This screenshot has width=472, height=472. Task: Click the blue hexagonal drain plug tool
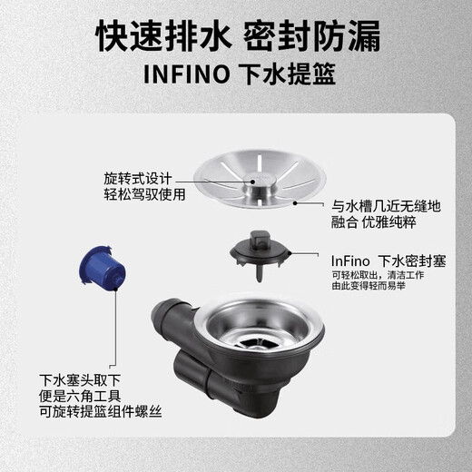102,269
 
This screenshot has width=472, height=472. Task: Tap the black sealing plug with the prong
260,255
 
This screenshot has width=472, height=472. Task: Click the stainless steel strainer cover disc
260,179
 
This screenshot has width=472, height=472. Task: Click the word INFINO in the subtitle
187,74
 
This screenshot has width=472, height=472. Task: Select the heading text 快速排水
162,35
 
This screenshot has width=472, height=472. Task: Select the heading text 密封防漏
311,35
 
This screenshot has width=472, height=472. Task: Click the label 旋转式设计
138,178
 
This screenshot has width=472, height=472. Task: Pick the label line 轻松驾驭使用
144,194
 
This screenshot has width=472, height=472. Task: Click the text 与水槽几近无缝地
386,206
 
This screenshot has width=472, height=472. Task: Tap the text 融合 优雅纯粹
374,222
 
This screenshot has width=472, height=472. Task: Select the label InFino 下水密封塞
388,261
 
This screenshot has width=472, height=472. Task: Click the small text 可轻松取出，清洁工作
378,275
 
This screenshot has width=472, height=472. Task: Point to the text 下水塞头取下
80,380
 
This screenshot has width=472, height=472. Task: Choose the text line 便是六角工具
80,396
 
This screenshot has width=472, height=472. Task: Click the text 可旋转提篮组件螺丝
101,412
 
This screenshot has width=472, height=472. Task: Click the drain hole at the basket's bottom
253,344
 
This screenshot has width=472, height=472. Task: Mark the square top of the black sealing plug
260,238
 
